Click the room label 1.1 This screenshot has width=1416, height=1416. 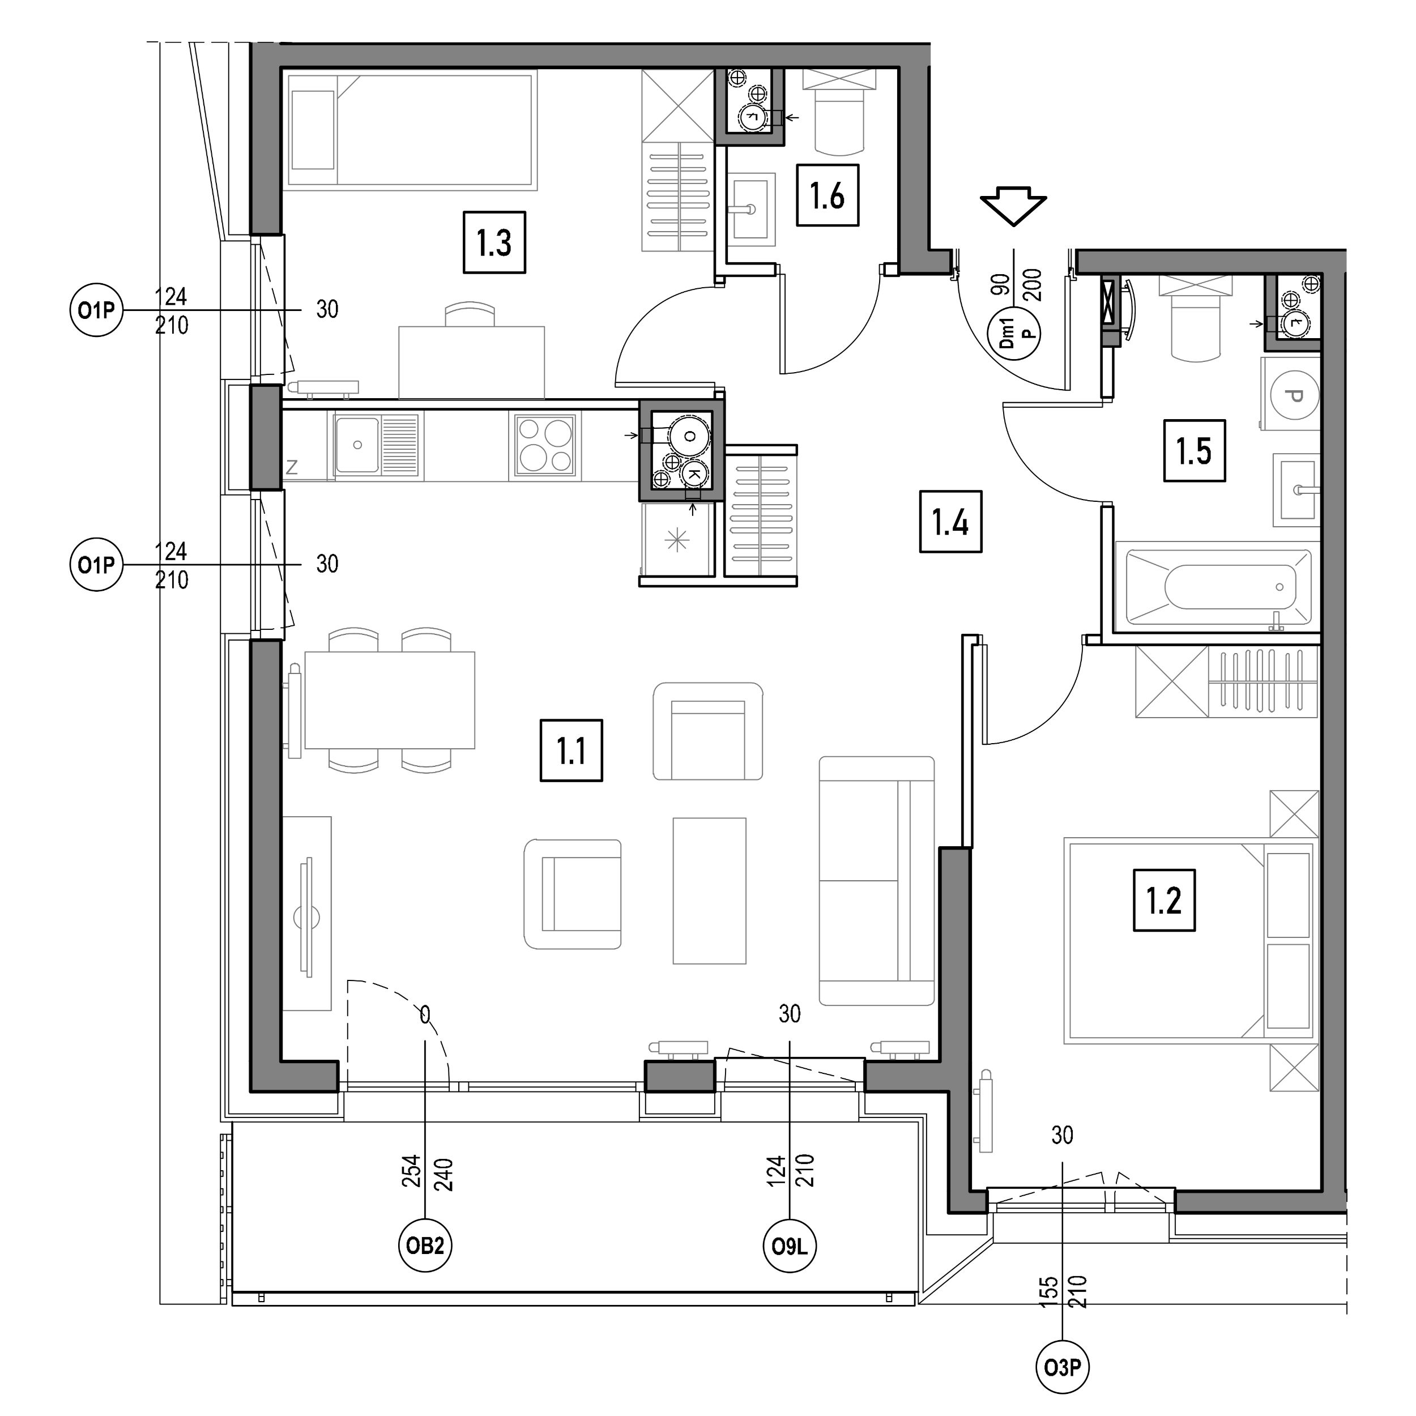click(571, 750)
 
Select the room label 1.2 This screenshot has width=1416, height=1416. click(1164, 900)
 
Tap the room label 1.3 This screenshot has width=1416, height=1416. click(494, 242)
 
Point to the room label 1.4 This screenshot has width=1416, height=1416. click(950, 521)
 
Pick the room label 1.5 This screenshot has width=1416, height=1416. click(1194, 451)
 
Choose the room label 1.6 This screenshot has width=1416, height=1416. click(827, 195)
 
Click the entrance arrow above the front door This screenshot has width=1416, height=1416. click(1014, 205)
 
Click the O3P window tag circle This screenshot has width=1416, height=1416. click(1063, 1367)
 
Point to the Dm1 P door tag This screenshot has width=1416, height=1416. click(1014, 334)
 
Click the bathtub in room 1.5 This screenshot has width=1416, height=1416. click(1218, 586)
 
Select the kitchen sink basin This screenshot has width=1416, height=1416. click(357, 445)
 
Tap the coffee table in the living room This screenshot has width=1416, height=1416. click(710, 890)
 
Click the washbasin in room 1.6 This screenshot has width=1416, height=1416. click(750, 209)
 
